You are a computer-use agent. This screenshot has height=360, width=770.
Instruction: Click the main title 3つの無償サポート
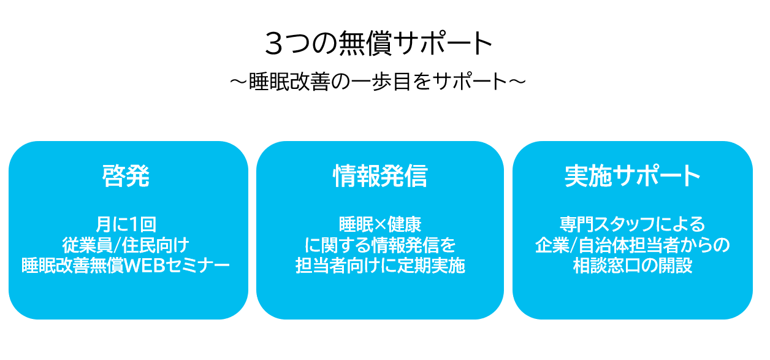[379, 44]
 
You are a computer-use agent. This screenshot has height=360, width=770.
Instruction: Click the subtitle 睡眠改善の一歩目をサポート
[378, 82]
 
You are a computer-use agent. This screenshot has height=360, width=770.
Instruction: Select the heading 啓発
[126, 177]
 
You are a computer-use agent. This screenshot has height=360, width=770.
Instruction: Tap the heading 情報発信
[379, 177]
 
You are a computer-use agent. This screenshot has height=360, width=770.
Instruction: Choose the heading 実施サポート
[632, 177]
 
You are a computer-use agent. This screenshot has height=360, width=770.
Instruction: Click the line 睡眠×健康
[379, 224]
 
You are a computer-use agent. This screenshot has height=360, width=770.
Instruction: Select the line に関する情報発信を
[379, 245]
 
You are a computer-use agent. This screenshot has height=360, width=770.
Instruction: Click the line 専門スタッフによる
[632, 224]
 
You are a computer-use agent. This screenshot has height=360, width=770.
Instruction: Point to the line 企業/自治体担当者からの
[632, 245]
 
